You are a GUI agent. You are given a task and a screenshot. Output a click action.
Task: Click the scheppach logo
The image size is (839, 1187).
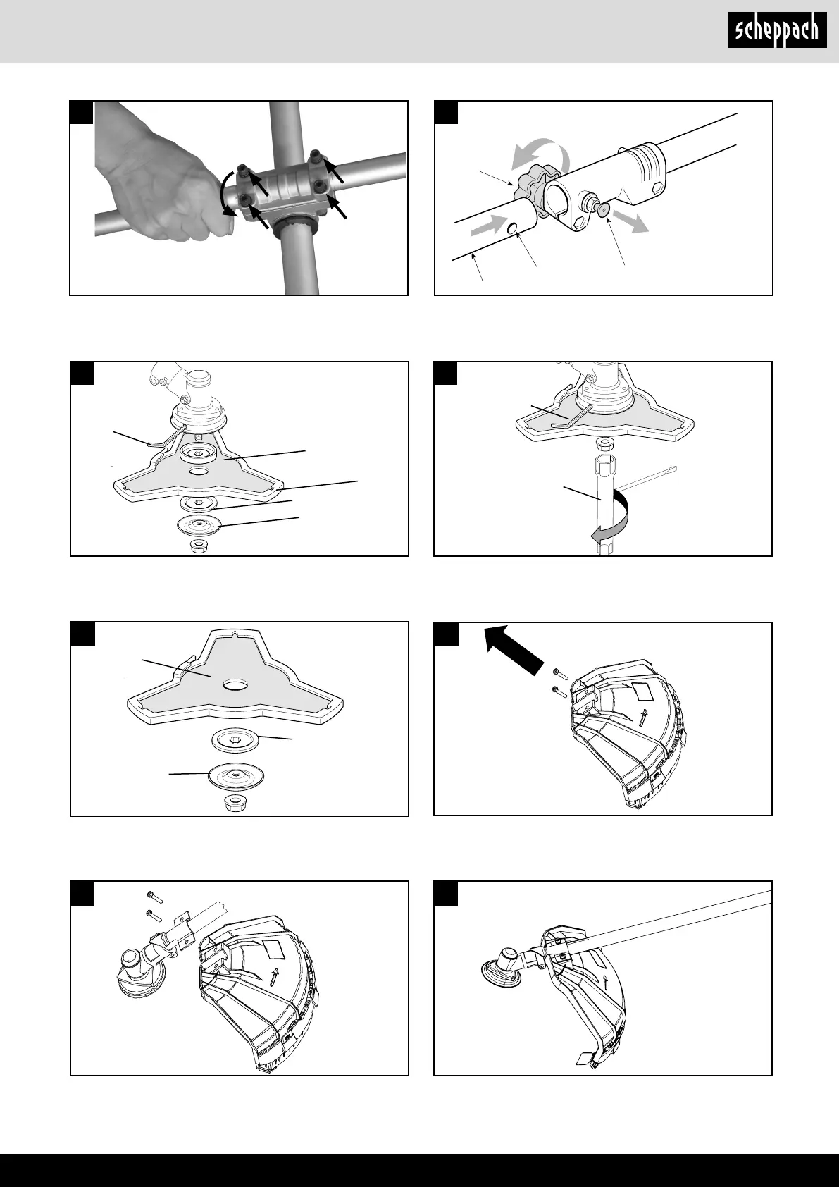(x=777, y=30)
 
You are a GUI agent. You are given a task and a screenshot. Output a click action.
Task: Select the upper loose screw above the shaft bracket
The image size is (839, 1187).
(x=155, y=898)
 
